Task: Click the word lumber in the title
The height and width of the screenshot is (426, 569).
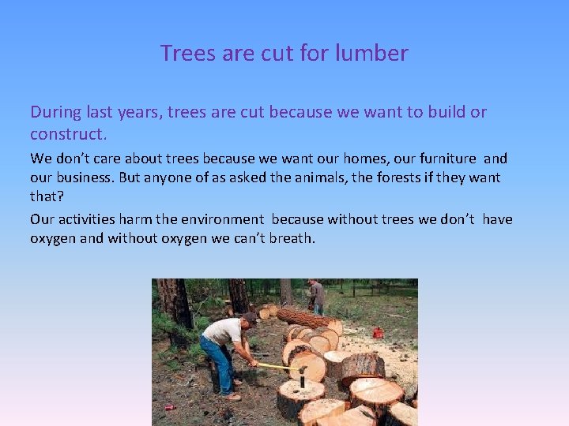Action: (x=371, y=53)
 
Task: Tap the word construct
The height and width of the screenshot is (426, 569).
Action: (x=67, y=134)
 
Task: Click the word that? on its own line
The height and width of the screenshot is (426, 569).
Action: (x=47, y=196)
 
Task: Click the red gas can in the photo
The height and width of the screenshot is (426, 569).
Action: (x=378, y=332)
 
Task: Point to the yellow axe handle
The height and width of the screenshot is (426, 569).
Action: (x=277, y=366)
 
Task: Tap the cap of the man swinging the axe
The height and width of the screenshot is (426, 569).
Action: (x=251, y=317)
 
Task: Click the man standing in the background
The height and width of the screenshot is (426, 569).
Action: (x=317, y=297)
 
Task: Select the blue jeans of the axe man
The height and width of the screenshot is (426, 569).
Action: (x=217, y=359)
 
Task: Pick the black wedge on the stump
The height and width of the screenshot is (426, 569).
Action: (x=301, y=378)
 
